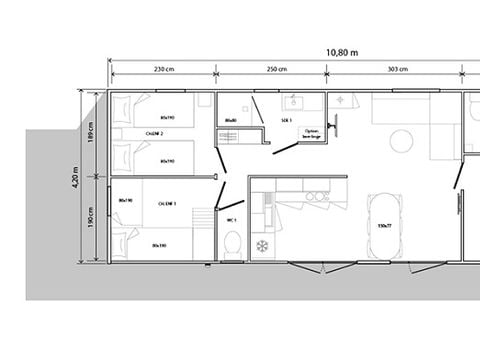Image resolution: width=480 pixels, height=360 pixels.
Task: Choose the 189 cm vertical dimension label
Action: tap(91, 133)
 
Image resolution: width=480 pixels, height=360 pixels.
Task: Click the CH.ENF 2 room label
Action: tap(155, 133)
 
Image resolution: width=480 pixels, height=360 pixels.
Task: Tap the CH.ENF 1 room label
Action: tap(167, 203)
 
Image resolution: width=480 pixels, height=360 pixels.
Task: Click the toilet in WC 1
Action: tap(232, 242)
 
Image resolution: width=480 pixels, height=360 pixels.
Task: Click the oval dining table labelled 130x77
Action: tap(385, 224)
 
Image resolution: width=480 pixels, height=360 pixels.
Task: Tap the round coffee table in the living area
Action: tap(400, 139)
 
